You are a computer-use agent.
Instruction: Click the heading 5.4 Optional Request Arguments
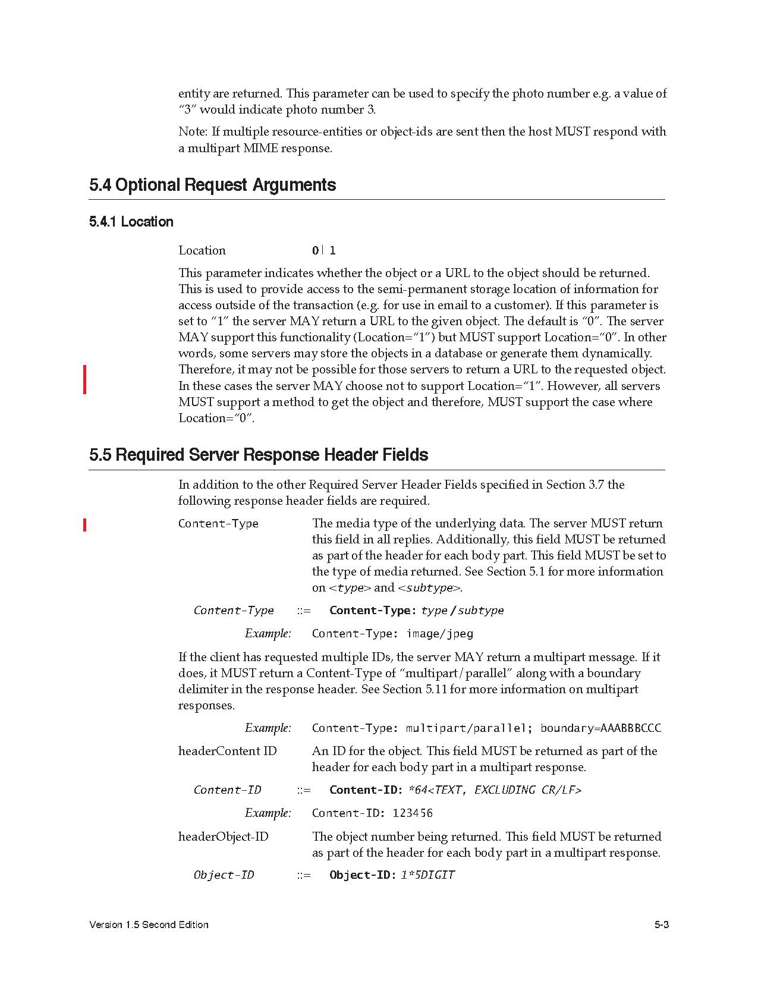pos(212,185)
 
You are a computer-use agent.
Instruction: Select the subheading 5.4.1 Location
pos(131,222)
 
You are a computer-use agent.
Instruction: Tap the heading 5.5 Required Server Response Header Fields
pos(259,455)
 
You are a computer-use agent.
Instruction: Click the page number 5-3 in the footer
pos(662,925)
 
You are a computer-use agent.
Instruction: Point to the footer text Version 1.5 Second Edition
pos(149,925)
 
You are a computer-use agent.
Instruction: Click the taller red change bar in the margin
pos(85,379)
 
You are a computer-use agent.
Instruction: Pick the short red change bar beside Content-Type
pos(85,524)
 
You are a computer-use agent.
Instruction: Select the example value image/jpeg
pos(439,633)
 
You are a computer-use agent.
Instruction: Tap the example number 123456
pos(413,813)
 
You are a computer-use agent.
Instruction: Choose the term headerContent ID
pos(228,751)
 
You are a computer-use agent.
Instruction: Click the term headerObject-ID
pos(224,837)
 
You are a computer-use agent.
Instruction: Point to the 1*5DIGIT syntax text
pos(428,875)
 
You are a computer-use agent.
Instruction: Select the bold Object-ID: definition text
pos(363,875)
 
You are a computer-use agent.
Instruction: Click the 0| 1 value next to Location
pos(324,250)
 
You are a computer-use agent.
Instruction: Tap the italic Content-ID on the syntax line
pos(227,790)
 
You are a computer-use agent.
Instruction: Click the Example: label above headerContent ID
pos(268,728)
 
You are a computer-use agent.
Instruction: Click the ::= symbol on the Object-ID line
pos(304,875)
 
